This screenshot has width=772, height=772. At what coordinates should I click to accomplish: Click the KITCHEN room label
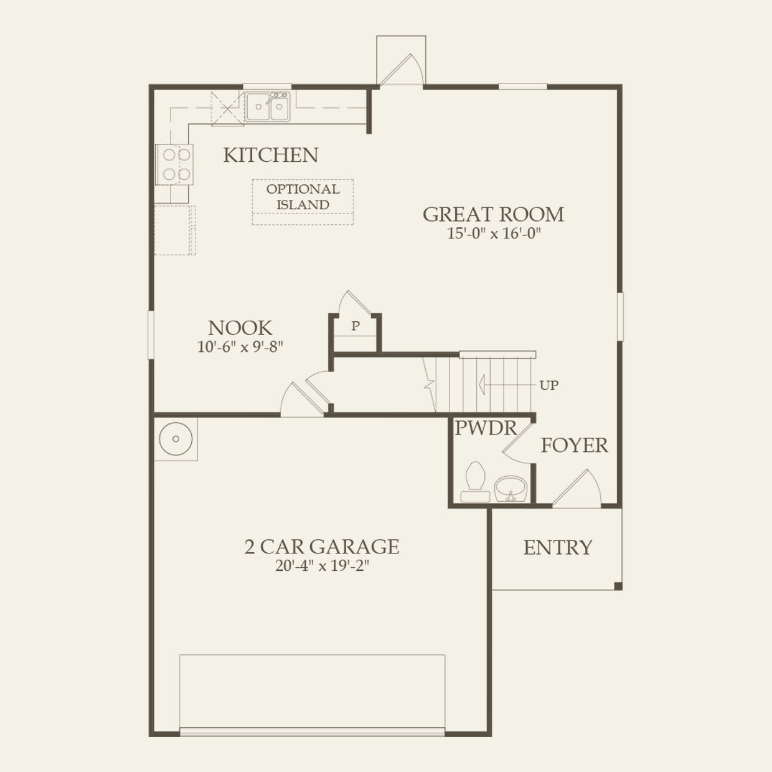[270, 155]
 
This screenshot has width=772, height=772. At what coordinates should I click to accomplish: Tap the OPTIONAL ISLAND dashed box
[303, 202]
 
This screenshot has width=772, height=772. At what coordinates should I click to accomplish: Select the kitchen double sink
[268, 107]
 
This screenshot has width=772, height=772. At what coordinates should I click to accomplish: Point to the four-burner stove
[174, 164]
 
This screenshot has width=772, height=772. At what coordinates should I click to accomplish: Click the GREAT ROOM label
[493, 214]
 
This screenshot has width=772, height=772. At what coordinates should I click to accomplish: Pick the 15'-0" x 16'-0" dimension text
[493, 234]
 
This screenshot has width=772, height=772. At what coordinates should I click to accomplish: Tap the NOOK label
[240, 328]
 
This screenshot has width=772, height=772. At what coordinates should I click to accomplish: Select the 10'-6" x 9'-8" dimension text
[240, 347]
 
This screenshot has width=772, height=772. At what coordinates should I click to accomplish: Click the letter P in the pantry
[355, 326]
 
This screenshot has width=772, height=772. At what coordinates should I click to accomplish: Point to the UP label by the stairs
[548, 385]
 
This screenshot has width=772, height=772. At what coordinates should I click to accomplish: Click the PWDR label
[486, 428]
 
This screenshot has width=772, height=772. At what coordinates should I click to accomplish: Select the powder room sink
[511, 487]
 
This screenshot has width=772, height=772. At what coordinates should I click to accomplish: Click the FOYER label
[574, 446]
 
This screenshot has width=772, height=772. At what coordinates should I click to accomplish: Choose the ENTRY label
[557, 548]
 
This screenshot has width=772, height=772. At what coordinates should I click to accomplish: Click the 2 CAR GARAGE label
[321, 547]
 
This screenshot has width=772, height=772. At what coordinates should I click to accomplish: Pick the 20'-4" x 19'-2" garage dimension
[321, 566]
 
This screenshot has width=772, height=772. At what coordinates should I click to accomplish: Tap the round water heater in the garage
[176, 439]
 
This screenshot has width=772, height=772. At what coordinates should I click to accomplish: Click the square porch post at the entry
[618, 586]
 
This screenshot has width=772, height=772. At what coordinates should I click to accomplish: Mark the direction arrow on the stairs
[482, 385]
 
